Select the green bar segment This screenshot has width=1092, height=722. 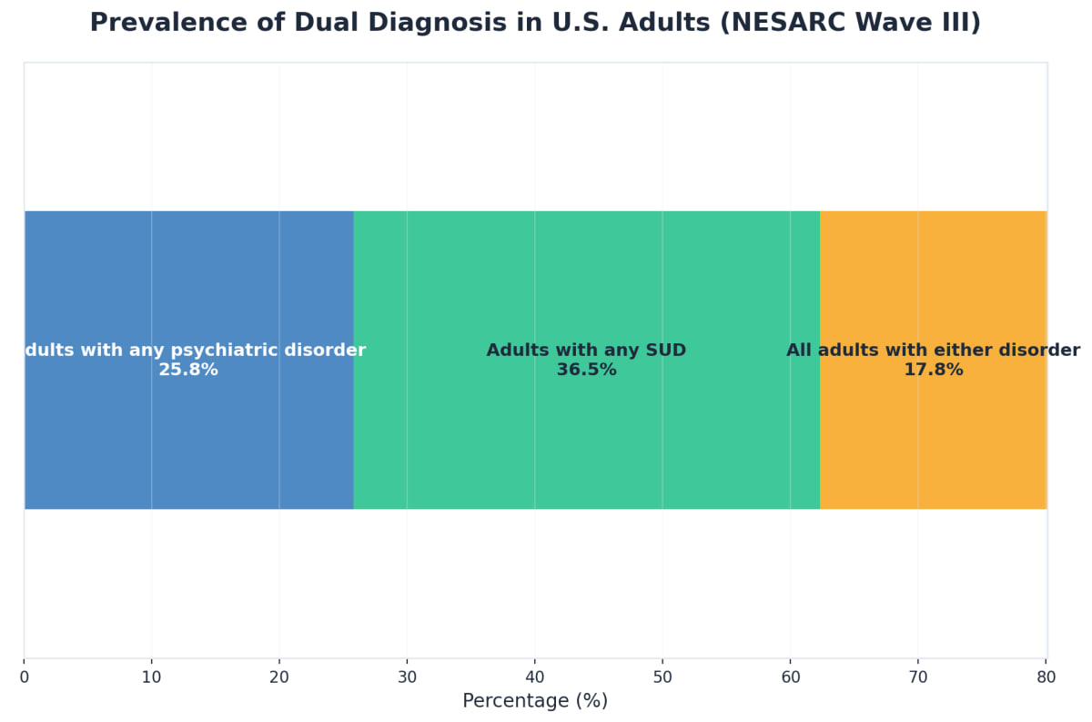click(x=586, y=273)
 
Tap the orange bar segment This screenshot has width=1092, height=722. click(x=933, y=273)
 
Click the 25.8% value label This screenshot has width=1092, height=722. click(x=188, y=371)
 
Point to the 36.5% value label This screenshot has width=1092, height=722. click(x=586, y=371)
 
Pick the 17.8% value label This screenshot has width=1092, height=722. click(x=933, y=371)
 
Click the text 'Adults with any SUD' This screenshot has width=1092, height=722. click(x=586, y=351)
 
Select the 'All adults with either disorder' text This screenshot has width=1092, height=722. click(x=933, y=351)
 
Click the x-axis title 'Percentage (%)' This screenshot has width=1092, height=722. click(x=535, y=701)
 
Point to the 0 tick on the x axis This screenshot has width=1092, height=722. click(x=25, y=677)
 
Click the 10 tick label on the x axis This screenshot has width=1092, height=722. click(x=152, y=677)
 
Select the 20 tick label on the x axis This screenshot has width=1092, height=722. click(x=279, y=677)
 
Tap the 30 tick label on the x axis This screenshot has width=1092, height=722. click(x=407, y=677)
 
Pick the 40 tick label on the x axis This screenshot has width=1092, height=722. click(x=535, y=677)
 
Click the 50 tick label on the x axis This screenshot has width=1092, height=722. click(x=662, y=677)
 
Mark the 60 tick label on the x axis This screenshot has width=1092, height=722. click(x=790, y=677)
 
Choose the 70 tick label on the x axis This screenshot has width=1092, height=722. click(x=918, y=677)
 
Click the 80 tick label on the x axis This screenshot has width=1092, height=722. click(x=1046, y=677)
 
